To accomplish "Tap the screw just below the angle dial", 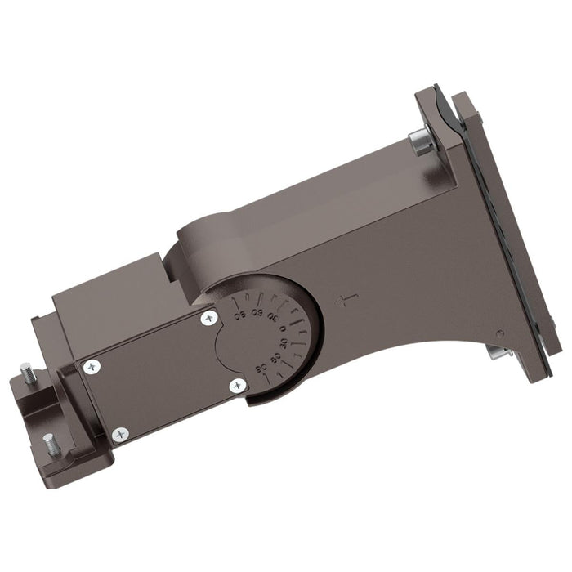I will [x=237, y=385].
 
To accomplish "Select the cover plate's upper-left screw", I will [x=89, y=368].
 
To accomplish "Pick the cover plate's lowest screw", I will [x=121, y=433].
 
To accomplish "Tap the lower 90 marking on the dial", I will [x=259, y=365].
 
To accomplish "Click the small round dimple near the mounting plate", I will [x=499, y=333].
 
